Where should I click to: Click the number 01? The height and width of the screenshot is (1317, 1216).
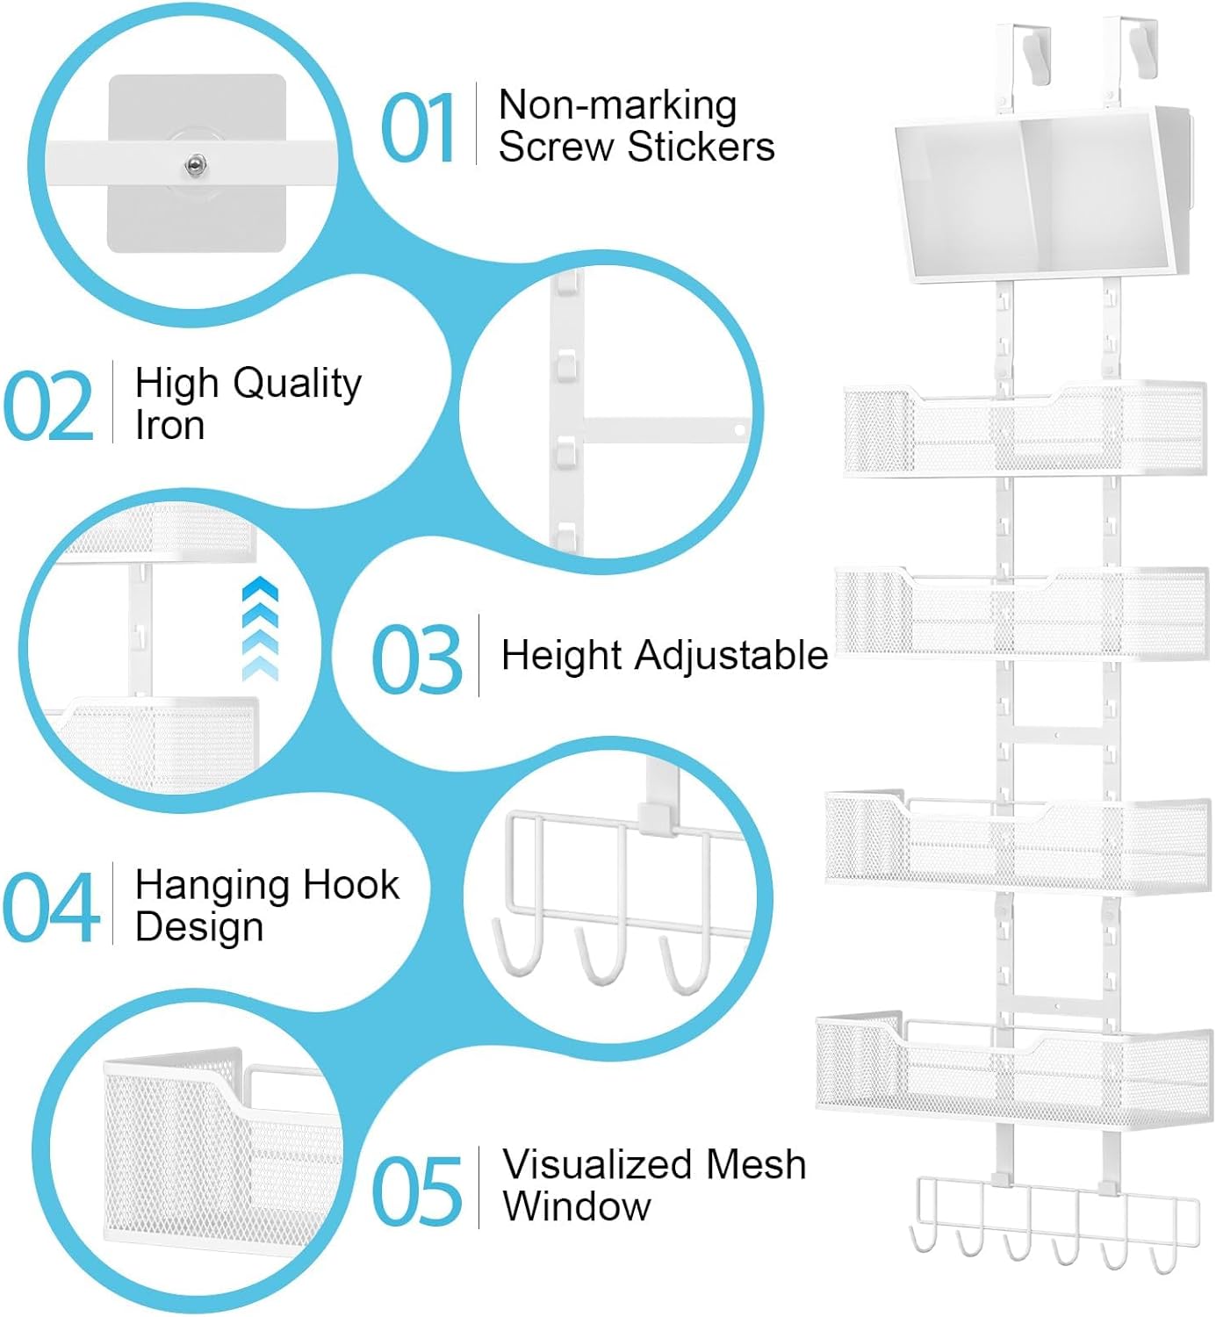418,129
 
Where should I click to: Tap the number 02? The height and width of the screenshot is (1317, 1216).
49,407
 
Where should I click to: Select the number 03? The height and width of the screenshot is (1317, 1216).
416,658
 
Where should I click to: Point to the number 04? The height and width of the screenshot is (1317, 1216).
50,908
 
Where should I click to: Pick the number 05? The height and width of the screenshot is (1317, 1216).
417,1191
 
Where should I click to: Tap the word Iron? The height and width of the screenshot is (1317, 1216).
169,426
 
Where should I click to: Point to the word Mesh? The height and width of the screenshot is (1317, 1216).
756,1165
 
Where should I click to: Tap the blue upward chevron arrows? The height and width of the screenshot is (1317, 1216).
261,629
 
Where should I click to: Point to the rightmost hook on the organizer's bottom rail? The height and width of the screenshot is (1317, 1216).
1163,1260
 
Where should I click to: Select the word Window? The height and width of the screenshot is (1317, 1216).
577,1206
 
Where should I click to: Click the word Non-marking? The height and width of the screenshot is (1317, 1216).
617,105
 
